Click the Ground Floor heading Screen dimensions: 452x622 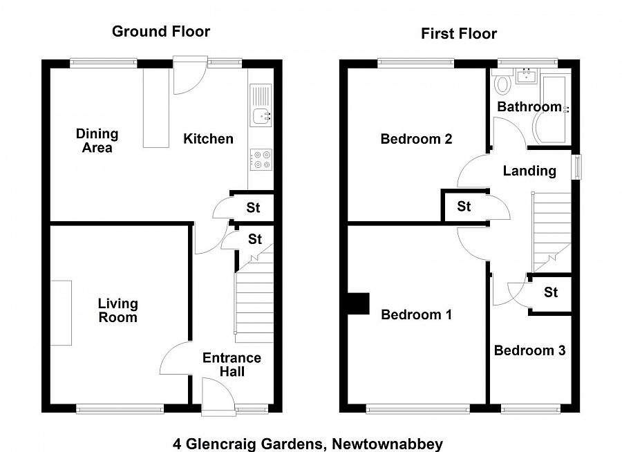pos(161,31)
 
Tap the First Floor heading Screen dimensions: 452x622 pos(459,34)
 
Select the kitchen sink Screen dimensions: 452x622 pos(261,116)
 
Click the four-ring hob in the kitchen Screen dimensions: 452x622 pos(261,160)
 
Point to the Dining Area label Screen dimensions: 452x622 pos(97,140)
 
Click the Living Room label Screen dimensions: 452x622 pos(117,310)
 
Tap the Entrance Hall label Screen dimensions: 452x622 pos(232,364)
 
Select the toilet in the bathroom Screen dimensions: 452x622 pos(502,85)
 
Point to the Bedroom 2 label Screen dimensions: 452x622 pos(416,139)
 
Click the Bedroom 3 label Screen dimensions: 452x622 pos(529,350)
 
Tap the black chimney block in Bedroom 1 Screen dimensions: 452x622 pos(358,303)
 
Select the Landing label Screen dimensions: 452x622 pos(529,171)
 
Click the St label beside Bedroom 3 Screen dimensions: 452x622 pos(550,292)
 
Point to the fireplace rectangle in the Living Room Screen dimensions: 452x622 pos(61,312)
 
